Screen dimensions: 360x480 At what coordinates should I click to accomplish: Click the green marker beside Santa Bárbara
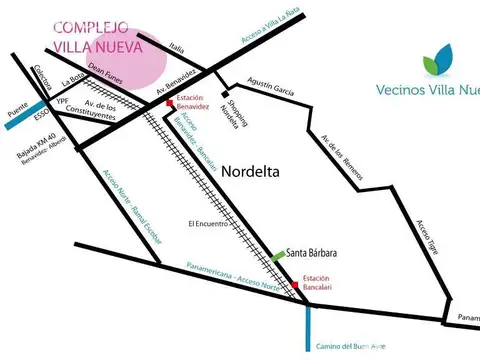pos(278,257)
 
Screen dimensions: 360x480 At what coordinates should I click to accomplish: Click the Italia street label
pos(177,46)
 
